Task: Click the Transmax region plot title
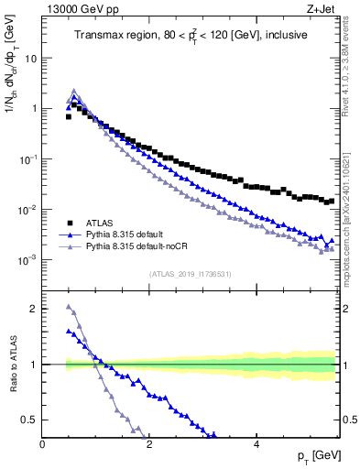coord(190,36)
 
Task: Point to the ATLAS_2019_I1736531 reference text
coord(190,274)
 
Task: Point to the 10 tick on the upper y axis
coord(31,58)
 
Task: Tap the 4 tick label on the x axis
coord(256,442)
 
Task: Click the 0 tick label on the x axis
coord(43,442)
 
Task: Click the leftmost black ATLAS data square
coord(69,116)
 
